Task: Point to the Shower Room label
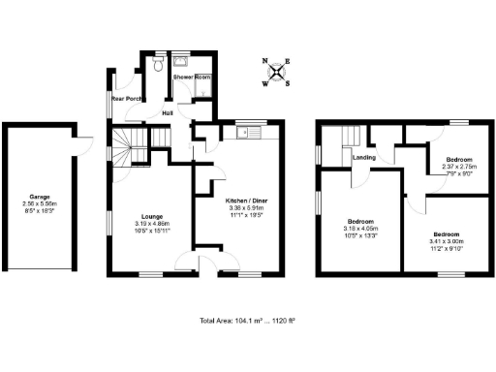[x=192, y=77]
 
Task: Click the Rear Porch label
[x=127, y=98]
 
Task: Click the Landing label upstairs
[x=364, y=156]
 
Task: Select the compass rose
[x=278, y=71]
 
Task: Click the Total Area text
[x=248, y=321]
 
